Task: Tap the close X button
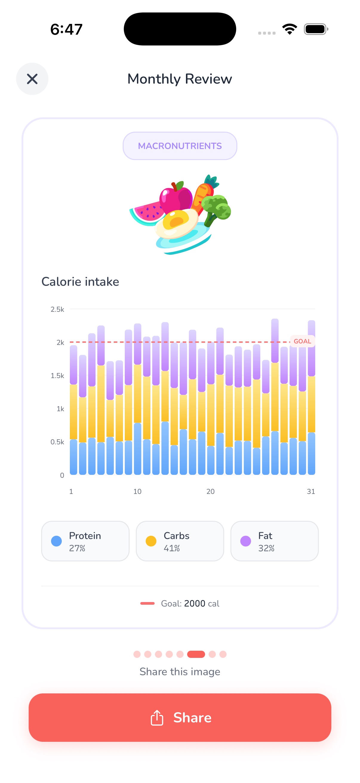tap(32, 79)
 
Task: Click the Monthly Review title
tap(179, 79)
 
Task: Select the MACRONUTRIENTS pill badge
tap(179, 146)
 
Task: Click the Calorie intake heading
tap(80, 282)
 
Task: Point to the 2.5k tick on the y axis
tap(57, 309)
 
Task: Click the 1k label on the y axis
tap(60, 409)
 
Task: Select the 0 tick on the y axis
tap(62, 475)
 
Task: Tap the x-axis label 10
tap(137, 492)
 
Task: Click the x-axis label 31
tap(310, 492)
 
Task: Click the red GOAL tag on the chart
tap(302, 341)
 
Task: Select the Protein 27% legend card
tap(85, 541)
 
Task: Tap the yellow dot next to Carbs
tap(151, 541)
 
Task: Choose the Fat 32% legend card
tap(274, 541)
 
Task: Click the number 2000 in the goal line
tap(194, 603)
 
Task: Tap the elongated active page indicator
tap(196, 654)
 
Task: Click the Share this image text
tap(179, 671)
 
